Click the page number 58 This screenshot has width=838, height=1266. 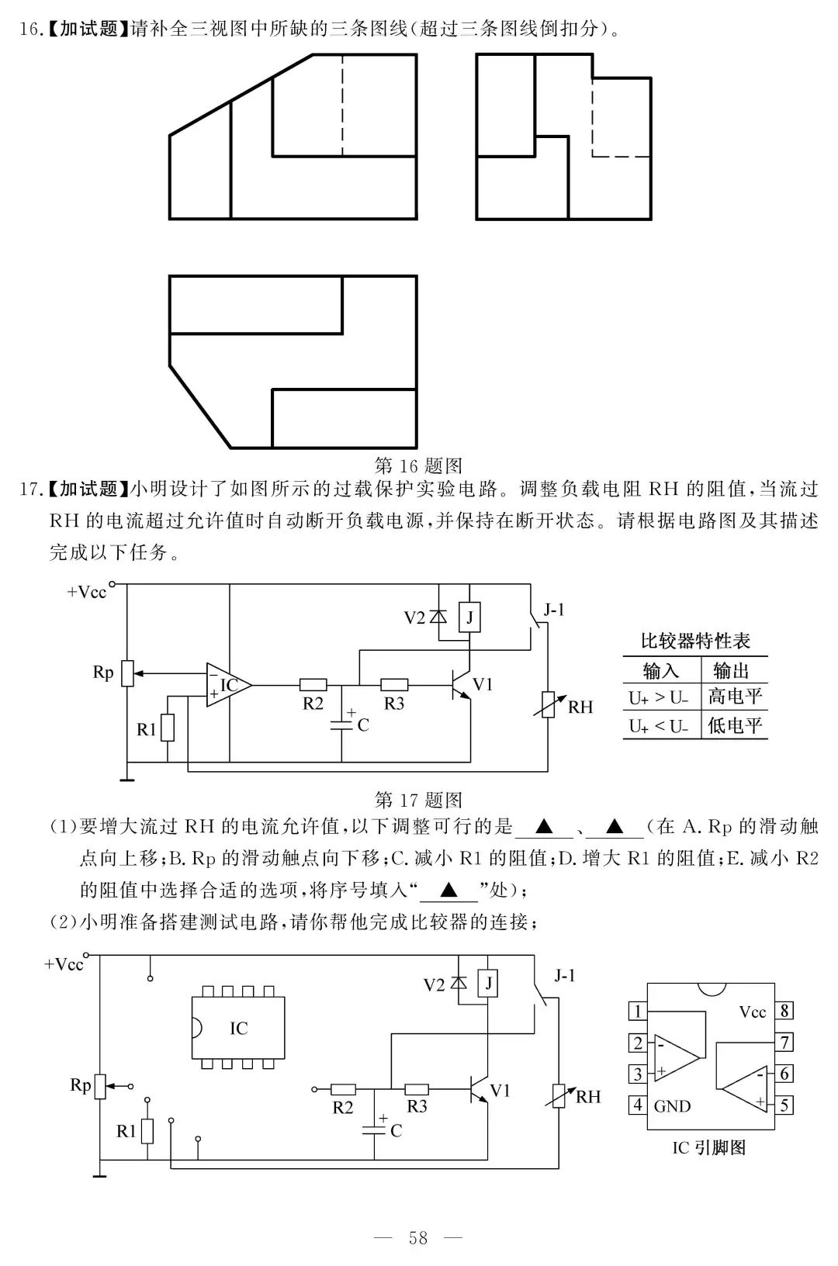417,1237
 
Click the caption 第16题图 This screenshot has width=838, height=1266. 417,465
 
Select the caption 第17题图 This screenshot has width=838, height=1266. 417,800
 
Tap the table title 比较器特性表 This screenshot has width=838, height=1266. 695,642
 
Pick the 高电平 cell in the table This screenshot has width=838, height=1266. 734,697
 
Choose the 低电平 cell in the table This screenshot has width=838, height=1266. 734,726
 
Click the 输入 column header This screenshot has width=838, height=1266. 661,670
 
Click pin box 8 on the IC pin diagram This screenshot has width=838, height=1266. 784,1011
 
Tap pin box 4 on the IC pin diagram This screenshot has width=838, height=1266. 638,1104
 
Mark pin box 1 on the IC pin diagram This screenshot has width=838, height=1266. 638,1011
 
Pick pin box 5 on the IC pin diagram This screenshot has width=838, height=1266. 784,1104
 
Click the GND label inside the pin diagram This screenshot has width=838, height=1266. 672,1106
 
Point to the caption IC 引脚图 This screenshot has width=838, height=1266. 708,1147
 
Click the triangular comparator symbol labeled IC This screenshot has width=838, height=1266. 228,685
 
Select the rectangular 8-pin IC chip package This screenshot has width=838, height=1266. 238,1028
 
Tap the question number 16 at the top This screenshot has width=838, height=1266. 29,29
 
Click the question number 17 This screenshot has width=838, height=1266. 29,489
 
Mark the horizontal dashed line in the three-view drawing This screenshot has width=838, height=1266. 621,157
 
